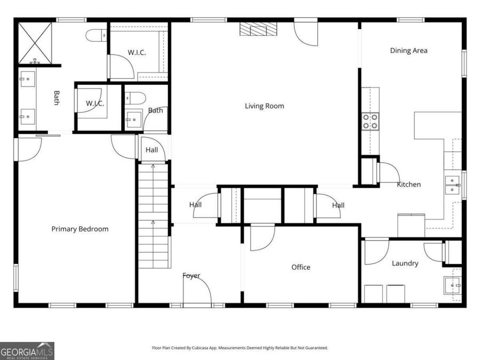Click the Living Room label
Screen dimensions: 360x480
point(264,106)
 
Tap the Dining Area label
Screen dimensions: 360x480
point(409,51)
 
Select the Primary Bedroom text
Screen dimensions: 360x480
point(79,229)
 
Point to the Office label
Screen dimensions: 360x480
point(300,267)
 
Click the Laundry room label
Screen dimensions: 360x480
point(405,263)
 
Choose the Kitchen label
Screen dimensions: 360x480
point(409,185)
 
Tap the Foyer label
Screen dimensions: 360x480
point(191,276)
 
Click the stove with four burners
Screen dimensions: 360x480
point(370,122)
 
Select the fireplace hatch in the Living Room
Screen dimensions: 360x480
point(259,29)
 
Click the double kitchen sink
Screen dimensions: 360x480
point(453,185)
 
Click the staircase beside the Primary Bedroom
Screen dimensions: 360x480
point(154,216)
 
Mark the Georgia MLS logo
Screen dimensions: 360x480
point(27,351)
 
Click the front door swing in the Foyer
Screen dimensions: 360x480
point(197,291)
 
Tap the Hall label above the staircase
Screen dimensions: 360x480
point(151,150)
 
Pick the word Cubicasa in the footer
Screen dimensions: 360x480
point(212,348)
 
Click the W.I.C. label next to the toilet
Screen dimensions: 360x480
point(137,52)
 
